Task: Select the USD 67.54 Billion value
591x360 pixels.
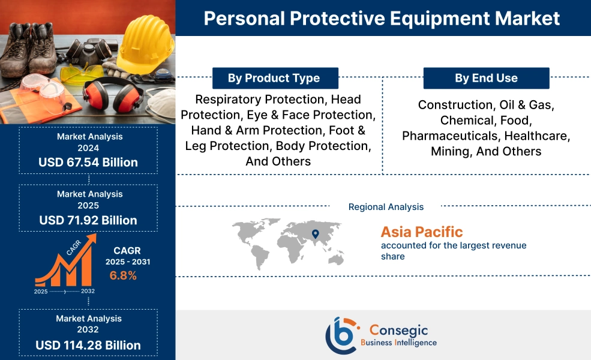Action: click(88, 162)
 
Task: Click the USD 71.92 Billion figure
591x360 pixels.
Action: click(88, 220)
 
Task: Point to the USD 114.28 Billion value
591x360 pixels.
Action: click(88, 345)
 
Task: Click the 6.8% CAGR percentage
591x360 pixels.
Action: click(123, 275)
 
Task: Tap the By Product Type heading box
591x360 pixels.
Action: click(274, 78)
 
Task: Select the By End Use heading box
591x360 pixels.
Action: click(486, 78)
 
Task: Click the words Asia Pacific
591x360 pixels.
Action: click(422, 232)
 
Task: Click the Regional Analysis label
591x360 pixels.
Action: click(386, 207)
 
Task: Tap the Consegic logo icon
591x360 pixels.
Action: click(341, 335)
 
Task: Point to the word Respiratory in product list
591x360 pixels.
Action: click(230, 99)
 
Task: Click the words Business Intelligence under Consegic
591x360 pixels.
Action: click(398, 343)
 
